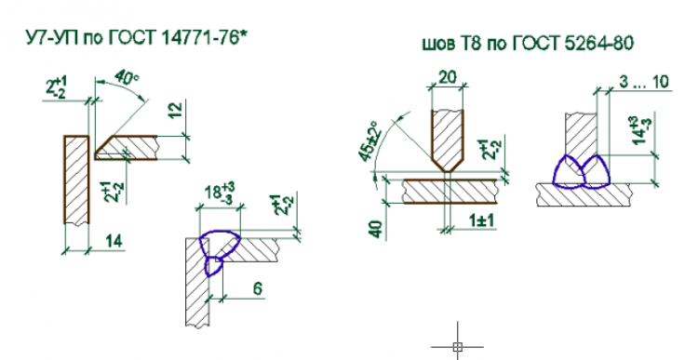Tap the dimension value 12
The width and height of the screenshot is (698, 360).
tap(176, 111)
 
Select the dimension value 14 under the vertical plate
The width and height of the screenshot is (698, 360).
tap(114, 242)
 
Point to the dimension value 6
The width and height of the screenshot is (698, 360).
tap(258, 288)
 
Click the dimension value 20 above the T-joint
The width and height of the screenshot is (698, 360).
tap(448, 77)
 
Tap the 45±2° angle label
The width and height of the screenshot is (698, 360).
tap(368, 141)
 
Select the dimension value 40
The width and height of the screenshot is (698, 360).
tap(376, 229)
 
